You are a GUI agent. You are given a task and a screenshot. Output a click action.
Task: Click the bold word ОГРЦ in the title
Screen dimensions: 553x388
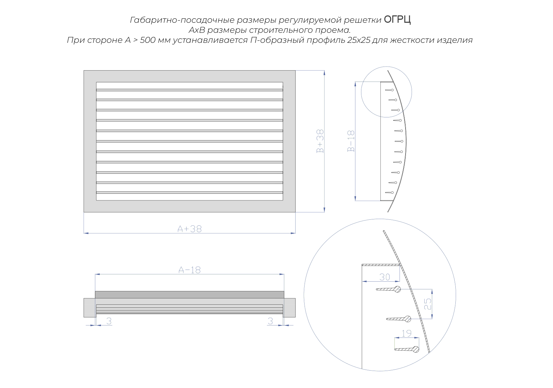click(397, 19)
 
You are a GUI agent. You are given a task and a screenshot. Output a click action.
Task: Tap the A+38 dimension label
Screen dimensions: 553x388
click(190, 229)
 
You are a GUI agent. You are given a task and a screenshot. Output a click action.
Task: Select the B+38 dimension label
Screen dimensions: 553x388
click(320, 141)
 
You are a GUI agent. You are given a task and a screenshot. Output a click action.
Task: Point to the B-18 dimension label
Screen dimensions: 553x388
click(351, 141)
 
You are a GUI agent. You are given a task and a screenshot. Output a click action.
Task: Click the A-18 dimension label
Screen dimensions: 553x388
click(190, 270)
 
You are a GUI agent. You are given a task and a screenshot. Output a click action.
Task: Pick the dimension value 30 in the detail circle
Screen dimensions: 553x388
click(384, 277)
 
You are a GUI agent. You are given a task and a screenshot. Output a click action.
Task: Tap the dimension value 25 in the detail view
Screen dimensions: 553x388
click(428, 304)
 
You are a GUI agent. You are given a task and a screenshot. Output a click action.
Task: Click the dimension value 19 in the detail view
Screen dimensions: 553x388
click(407, 333)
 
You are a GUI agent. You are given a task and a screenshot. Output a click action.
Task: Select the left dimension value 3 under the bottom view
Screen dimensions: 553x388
click(109, 321)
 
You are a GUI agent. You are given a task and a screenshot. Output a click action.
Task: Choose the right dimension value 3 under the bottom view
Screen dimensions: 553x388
click(270, 321)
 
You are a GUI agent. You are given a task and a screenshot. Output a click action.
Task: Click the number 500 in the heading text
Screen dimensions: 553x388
click(148, 40)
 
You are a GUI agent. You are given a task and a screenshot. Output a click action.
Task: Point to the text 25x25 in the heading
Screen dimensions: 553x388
click(359, 40)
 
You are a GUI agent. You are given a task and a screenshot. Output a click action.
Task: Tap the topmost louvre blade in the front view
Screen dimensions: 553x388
click(190, 90)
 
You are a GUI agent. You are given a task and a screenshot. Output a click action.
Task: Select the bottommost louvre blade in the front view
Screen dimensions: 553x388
click(190, 192)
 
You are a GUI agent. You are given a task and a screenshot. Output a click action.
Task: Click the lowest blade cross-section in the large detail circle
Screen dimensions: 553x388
click(407, 349)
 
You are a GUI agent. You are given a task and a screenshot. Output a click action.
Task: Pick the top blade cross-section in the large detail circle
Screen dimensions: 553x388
click(388, 289)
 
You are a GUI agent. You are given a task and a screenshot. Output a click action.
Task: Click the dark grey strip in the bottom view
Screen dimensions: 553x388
click(190, 295)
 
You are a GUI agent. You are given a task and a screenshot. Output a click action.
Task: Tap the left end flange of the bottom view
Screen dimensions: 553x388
click(90, 308)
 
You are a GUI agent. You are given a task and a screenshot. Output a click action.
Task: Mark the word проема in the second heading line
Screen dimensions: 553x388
click(333, 30)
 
